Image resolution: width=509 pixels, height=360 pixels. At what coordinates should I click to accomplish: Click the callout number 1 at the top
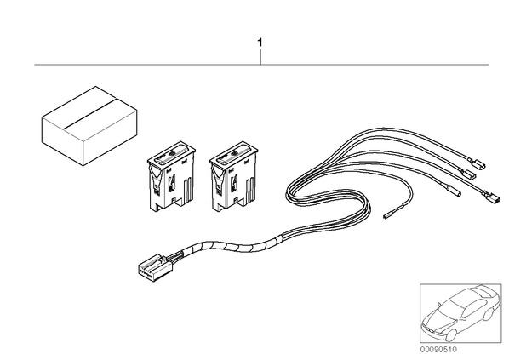(260, 43)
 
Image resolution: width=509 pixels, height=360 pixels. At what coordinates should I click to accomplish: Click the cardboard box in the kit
(89, 126)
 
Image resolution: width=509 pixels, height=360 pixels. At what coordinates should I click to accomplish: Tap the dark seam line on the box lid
(90, 112)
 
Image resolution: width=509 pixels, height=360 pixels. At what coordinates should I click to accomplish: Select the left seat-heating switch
(171, 177)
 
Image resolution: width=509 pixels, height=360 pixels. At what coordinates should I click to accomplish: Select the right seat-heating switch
(234, 177)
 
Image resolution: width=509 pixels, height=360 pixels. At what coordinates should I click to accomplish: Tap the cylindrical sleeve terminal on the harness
(451, 191)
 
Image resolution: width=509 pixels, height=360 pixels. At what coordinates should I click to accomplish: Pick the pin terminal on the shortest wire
(389, 215)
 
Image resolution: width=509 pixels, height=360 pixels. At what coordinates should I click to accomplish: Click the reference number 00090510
(438, 350)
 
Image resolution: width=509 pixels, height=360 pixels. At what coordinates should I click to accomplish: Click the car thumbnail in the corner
(460, 313)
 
